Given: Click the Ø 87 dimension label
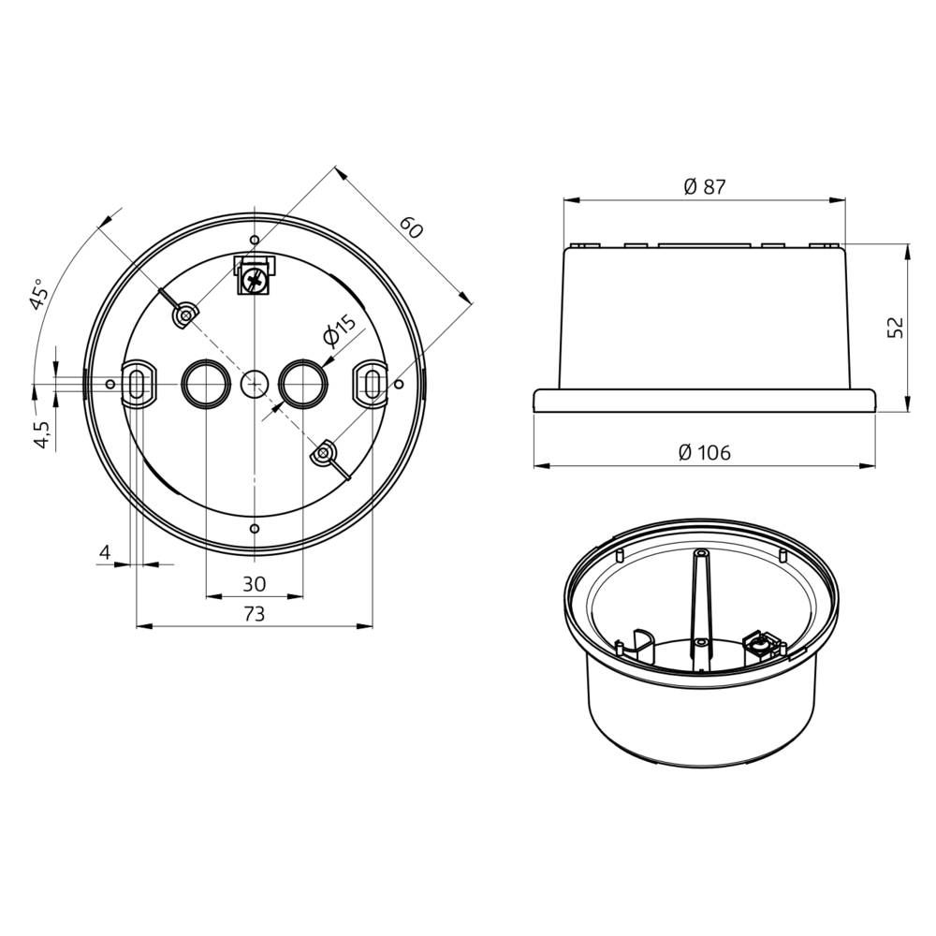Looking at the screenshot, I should tap(705, 186).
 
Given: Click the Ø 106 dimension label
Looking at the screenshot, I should tap(705, 453).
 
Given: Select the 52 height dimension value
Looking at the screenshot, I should tap(895, 327).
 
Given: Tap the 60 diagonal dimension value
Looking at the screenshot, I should tap(410, 227).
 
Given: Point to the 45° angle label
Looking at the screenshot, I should tap(38, 294).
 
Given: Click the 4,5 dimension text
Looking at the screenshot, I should tap(41, 434).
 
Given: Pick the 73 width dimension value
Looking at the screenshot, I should tap(254, 614).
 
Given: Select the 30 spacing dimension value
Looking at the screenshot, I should tap(254, 584).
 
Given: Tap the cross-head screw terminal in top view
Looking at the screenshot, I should tap(255, 277).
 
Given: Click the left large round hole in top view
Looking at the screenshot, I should tap(205, 383).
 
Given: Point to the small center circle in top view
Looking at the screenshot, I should tap(254, 383).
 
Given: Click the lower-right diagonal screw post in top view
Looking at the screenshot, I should tap(323, 453).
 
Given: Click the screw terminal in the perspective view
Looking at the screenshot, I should tap(759, 644).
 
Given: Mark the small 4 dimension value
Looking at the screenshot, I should tap(106, 553).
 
